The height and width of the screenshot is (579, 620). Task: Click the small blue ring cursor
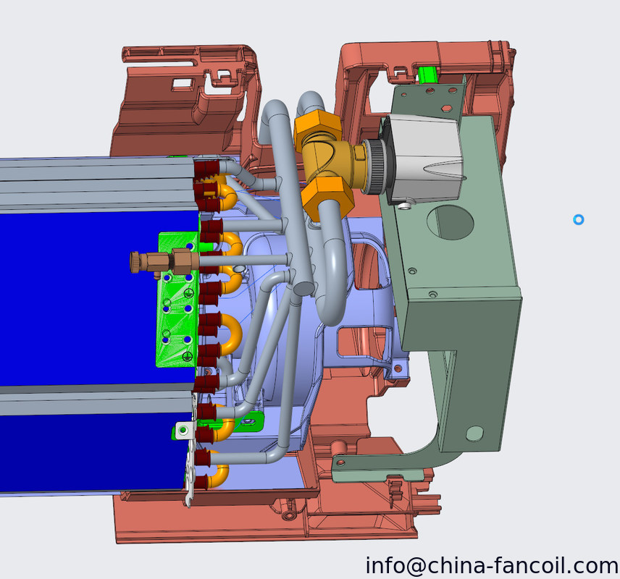(579, 220)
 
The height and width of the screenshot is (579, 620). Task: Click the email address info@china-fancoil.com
(492, 565)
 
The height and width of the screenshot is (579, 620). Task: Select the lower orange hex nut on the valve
(327, 197)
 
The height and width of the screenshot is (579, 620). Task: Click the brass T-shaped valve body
(332, 162)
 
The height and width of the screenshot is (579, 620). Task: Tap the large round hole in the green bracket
(451, 222)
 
